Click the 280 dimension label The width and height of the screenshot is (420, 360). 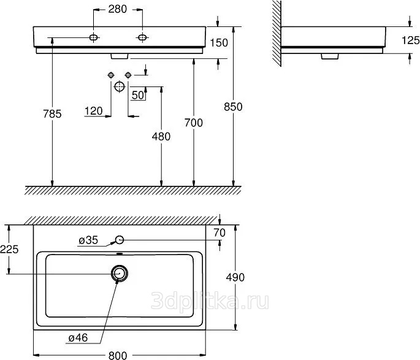coord(118,9)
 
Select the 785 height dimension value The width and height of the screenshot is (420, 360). coord(52,114)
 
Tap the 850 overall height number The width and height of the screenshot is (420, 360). coord(233,107)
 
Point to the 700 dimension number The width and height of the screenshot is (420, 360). coord(194,123)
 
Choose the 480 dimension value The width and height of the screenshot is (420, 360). coord(161,137)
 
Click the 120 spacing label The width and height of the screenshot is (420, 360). coord(93,111)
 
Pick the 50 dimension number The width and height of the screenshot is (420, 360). coord(138,95)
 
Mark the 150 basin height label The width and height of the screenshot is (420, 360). coord(219,43)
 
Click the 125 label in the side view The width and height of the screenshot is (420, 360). coord(411,40)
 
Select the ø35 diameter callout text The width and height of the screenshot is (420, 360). coord(88,240)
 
